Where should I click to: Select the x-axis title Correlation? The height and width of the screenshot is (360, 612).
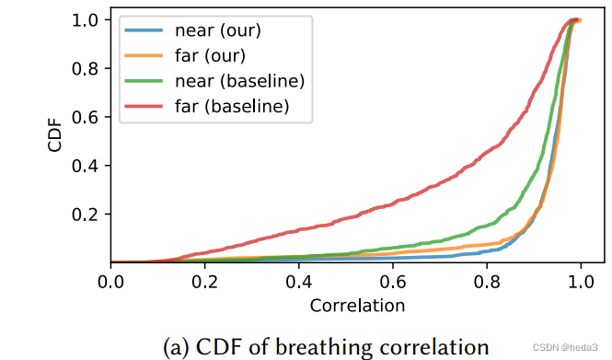tap(346, 303)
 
